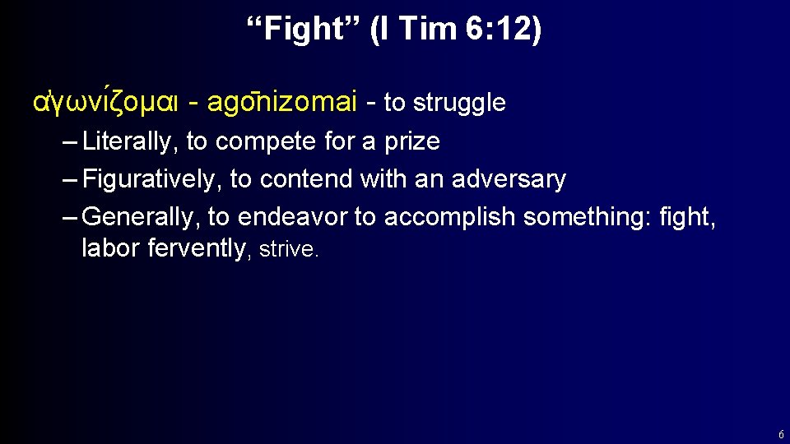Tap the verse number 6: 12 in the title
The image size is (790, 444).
click(x=503, y=30)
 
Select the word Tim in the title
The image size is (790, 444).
click(x=427, y=30)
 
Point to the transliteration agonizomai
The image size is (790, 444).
click(x=281, y=103)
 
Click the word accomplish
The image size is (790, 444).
click(x=450, y=217)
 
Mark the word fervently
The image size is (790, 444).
click(x=197, y=249)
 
